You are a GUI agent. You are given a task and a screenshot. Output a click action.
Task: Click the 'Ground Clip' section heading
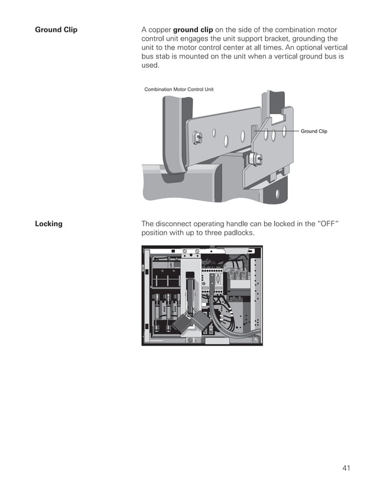point(56,30)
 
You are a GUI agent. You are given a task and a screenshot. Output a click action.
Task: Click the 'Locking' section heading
point(48,224)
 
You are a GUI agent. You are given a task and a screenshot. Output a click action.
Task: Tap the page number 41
point(346,469)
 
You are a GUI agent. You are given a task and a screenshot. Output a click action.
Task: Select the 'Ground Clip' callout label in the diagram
point(314,131)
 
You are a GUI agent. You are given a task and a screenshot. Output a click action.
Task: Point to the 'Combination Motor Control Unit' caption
point(179,89)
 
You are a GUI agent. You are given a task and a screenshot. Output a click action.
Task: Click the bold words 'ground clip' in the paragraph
point(193,30)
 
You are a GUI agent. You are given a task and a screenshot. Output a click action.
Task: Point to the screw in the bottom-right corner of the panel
point(255,339)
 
